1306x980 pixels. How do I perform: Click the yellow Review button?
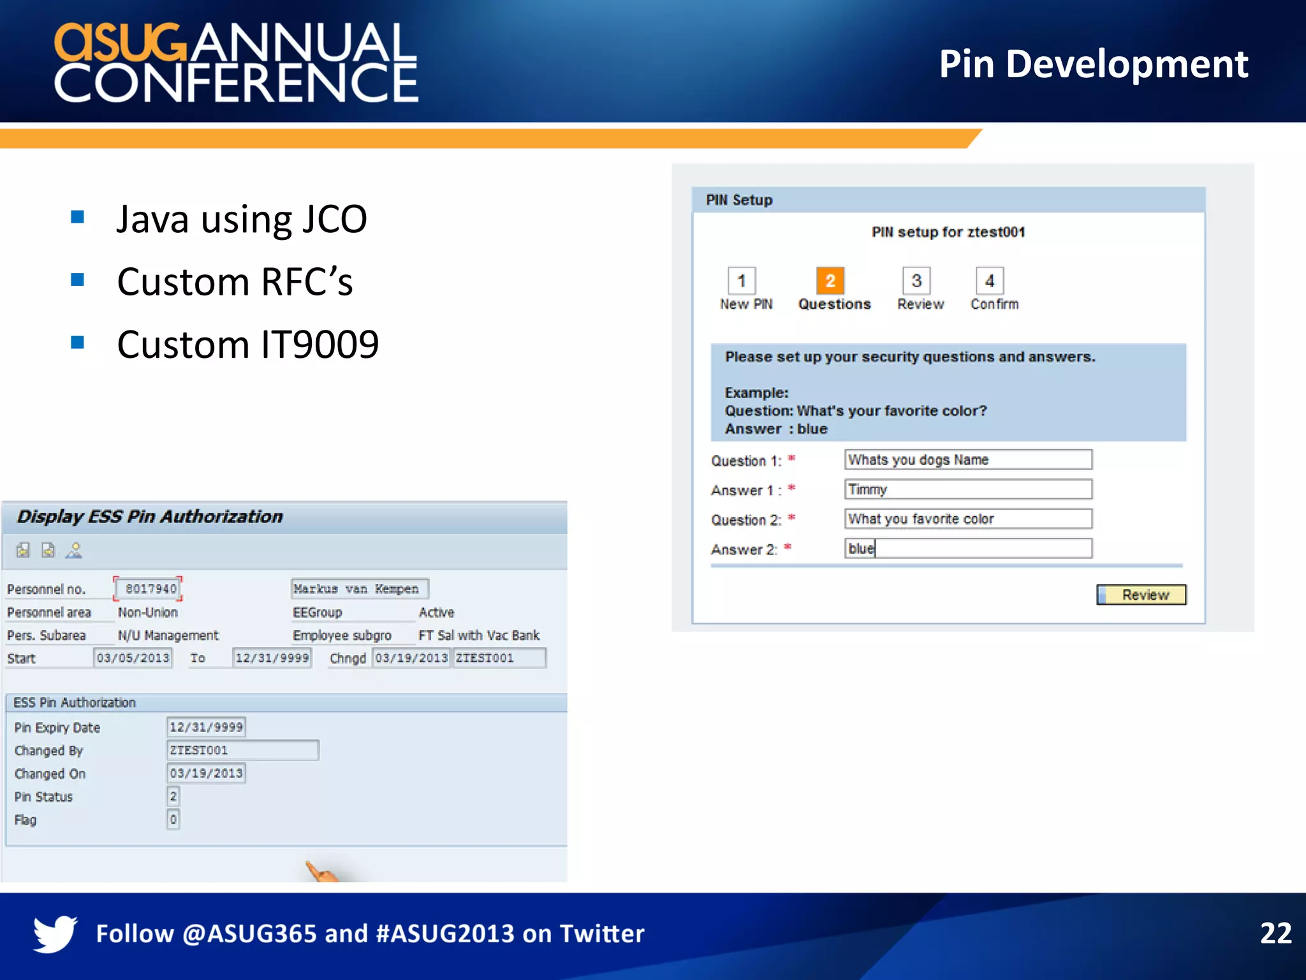point(1141,595)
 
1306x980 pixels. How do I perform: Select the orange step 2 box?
point(830,281)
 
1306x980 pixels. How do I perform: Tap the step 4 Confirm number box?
point(989,281)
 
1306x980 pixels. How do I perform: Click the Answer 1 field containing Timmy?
point(967,489)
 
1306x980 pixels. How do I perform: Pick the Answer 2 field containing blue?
point(967,549)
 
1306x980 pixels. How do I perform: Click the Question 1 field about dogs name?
point(967,459)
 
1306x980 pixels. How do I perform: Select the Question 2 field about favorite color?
point(967,519)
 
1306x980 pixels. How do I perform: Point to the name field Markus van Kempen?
point(359,589)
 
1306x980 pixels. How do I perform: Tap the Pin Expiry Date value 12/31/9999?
point(206,727)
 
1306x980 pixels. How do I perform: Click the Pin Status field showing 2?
point(173,796)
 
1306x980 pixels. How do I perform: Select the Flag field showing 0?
point(173,819)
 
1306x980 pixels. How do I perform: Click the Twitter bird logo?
point(55,933)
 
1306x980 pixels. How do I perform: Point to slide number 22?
point(1275,933)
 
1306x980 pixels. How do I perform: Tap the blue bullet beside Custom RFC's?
point(78,280)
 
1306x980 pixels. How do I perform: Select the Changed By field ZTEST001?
point(242,750)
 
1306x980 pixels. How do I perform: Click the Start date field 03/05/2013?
point(133,658)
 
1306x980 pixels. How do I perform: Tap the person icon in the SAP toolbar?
point(75,550)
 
